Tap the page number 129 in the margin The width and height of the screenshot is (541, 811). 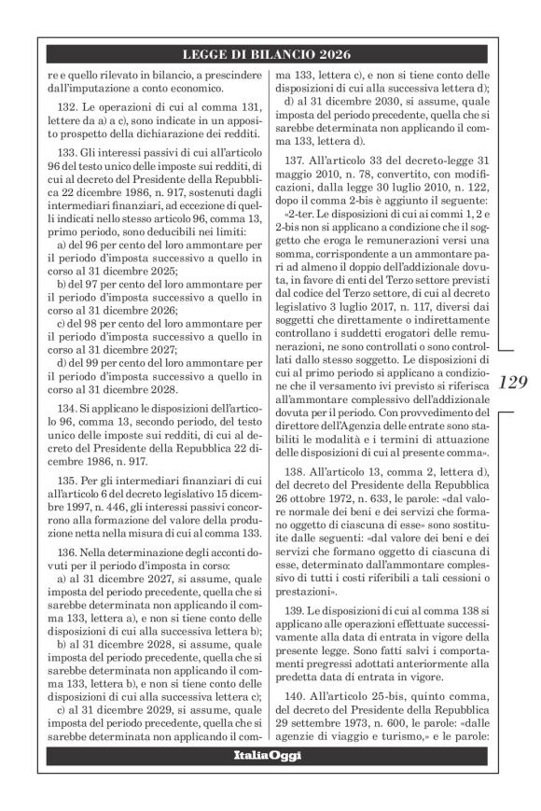click(512, 382)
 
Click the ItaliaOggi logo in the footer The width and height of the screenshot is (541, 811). click(270, 781)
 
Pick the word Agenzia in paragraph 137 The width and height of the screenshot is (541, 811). click(361, 438)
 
